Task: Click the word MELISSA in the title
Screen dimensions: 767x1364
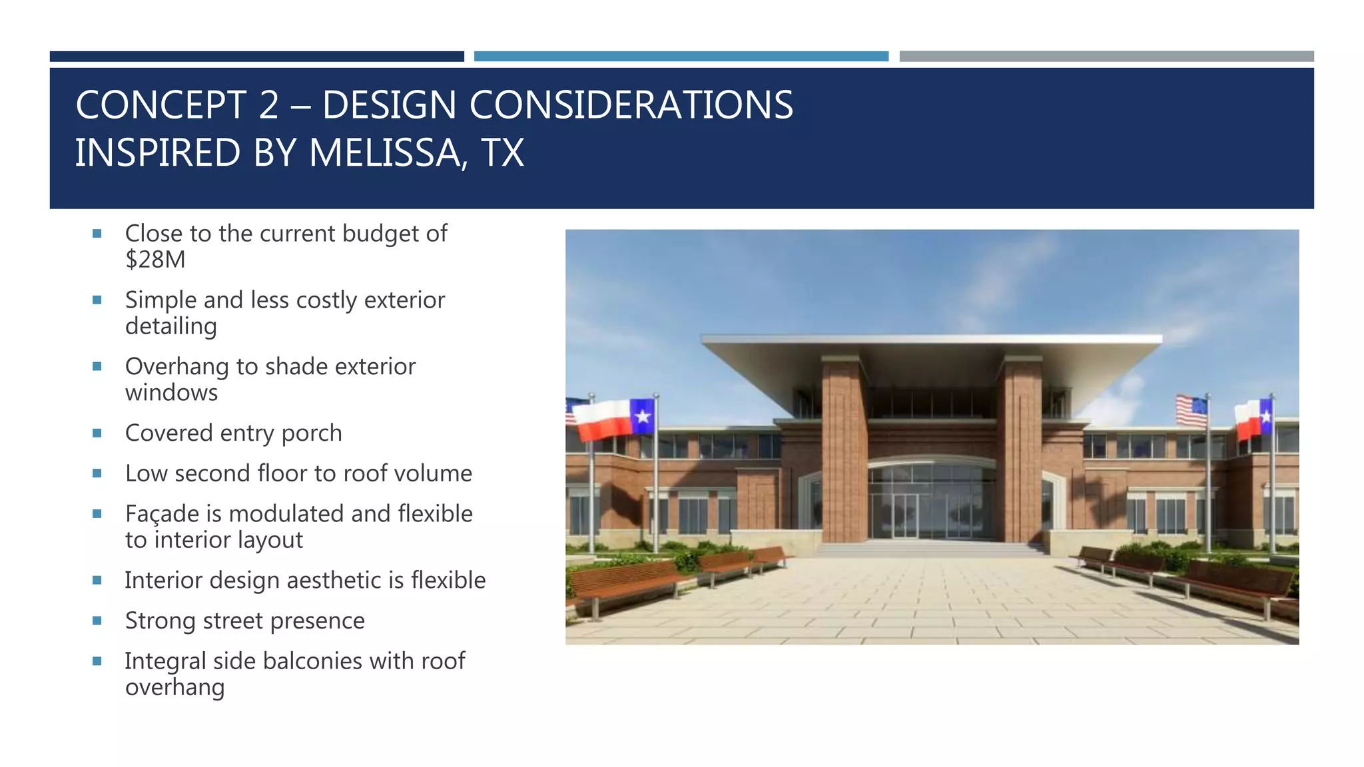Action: point(384,153)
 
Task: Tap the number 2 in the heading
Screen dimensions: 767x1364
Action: point(268,105)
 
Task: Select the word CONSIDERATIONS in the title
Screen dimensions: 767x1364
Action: point(631,105)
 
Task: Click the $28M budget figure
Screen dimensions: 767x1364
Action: point(155,260)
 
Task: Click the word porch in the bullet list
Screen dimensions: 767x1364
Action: point(312,433)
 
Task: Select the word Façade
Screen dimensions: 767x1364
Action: point(162,514)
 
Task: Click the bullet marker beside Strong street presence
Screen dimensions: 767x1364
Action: point(97,621)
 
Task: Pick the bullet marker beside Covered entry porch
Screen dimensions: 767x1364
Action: point(97,433)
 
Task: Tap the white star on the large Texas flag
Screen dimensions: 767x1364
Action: point(643,417)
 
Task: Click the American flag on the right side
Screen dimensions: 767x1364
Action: point(1192,411)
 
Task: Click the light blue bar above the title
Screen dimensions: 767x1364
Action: point(681,57)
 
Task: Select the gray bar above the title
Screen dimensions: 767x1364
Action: point(1106,57)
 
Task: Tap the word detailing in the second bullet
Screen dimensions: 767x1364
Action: point(171,327)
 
